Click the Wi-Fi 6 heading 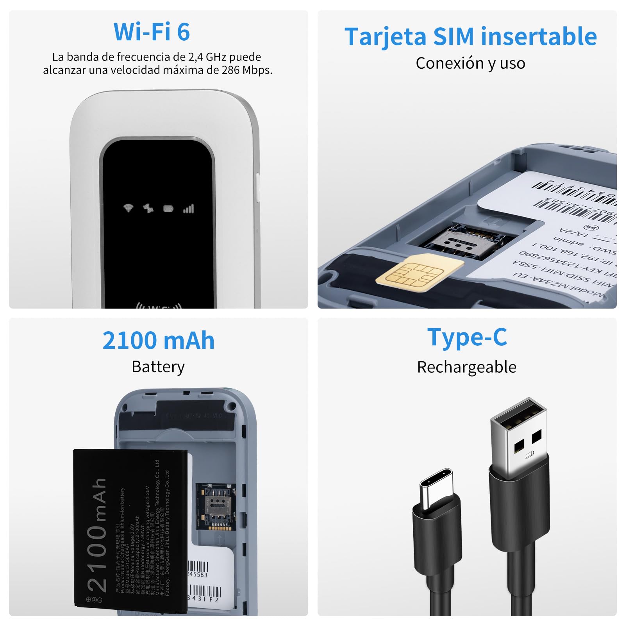pyautogui.click(x=152, y=32)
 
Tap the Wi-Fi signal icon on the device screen pyautogui.click(x=128, y=208)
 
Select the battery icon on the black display pyautogui.click(x=168, y=209)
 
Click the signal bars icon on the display pyautogui.click(x=189, y=209)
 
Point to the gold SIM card pyautogui.click(x=419, y=272)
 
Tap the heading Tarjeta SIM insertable pyautogui.click(x=470, y=37)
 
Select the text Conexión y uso pyautogui.click(x=470, y=63)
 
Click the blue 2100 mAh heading pyautogui.click(x=158, y=341)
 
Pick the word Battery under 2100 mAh pyautogui.click(x=158, y=367)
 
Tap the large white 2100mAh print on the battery pyautogui.click(x=97, y=535)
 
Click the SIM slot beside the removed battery pyautogui.click(x=216, y=507)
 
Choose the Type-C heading pyautogui.click(x=467, y=337)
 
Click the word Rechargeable pyautogui.click(x=466, y=367)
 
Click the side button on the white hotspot pyautogui.click(x=257, y=187)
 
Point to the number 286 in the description pyautogui.click(x=230, y=70)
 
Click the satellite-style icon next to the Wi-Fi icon pyautogui.click(x=148, y=209)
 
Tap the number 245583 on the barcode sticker pyautogui.click(x=198, y=575)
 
